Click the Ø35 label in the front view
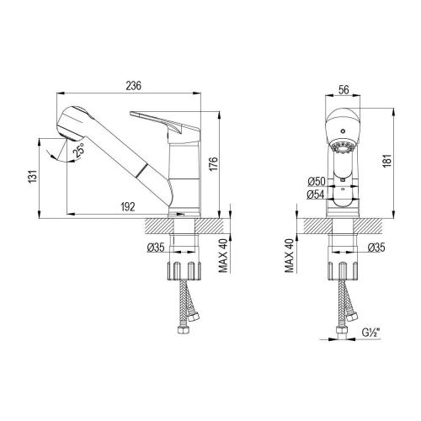coord(376,247)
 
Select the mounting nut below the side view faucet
coord(184,272)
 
